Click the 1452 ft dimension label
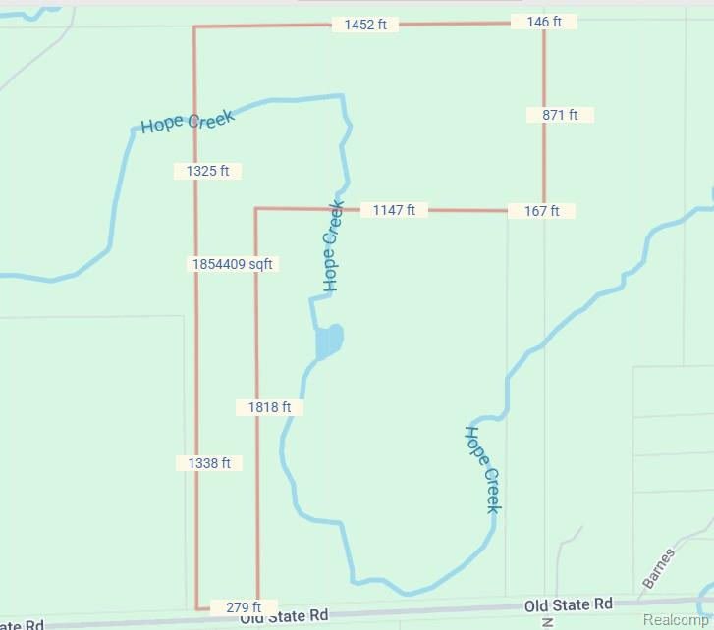[365, 25]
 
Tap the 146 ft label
[543, 21]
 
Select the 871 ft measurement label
[560, 115]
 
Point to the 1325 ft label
[207, 171]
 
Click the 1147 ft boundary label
[394, 210]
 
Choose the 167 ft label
[541, 211]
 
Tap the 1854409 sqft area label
[233, 264]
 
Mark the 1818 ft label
[270, 406]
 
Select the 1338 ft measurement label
[209, 463]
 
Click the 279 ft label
[244, 607]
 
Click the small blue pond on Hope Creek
[329, 341]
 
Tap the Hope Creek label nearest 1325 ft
[188, 122]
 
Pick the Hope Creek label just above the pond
[332, 246]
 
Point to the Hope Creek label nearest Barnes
[482, 469]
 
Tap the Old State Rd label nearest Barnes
[568, 604]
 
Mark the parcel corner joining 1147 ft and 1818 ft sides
[255, 208]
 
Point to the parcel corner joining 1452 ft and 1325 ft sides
[193, 27]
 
